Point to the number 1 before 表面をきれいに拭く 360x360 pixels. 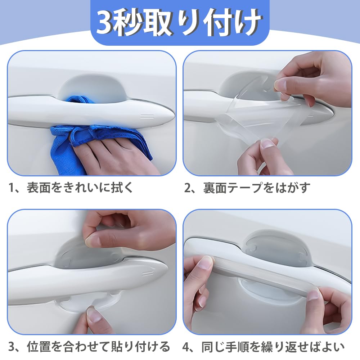coord(12,188)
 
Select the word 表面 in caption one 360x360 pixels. coord(39,188)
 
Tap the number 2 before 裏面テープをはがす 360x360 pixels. coord(188,188)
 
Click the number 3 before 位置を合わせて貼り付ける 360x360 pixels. coord(12,347)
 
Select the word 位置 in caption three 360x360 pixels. coord(39,347)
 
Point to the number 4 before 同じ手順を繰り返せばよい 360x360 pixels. coord(186,347)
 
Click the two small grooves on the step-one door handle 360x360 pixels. coord(147,116)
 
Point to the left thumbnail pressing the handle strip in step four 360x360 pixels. coord(206,262)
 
